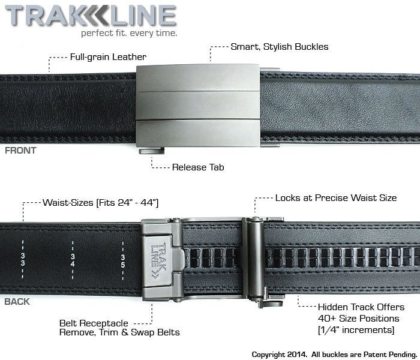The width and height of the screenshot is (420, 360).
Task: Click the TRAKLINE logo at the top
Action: pos(91,16)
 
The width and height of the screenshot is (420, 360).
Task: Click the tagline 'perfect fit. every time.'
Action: pos(129,33)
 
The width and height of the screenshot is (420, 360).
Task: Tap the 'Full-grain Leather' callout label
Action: pos(108,57)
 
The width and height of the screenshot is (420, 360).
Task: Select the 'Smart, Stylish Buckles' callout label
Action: pos(280,47)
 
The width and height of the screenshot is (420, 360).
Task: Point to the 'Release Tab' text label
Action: pos(198,167)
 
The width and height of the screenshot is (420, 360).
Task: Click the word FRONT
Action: pos(20,151)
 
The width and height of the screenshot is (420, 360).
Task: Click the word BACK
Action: pos(17,302)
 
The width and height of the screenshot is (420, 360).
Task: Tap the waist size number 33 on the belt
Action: pos(23,259)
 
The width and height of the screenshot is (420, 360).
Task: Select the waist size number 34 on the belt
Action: pos(73,260)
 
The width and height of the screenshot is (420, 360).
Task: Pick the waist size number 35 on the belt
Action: pos(122,261)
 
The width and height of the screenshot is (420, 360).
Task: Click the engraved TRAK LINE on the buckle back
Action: pos(158,261)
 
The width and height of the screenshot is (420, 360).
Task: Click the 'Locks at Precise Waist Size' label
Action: pos(336,198)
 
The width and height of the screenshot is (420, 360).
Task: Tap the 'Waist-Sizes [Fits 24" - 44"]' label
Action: pos(100,203)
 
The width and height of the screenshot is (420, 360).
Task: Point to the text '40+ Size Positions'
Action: pos(358,319)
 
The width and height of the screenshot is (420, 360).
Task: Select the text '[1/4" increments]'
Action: pos(356,330)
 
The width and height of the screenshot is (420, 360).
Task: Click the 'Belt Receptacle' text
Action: pos(94,323)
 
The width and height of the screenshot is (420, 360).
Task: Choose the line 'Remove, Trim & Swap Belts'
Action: pos(119,332)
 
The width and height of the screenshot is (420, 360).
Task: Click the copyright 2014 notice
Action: pos(335,355)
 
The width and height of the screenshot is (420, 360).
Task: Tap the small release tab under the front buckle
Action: pos(152,151)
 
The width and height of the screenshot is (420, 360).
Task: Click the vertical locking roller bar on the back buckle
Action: pos(255,259)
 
